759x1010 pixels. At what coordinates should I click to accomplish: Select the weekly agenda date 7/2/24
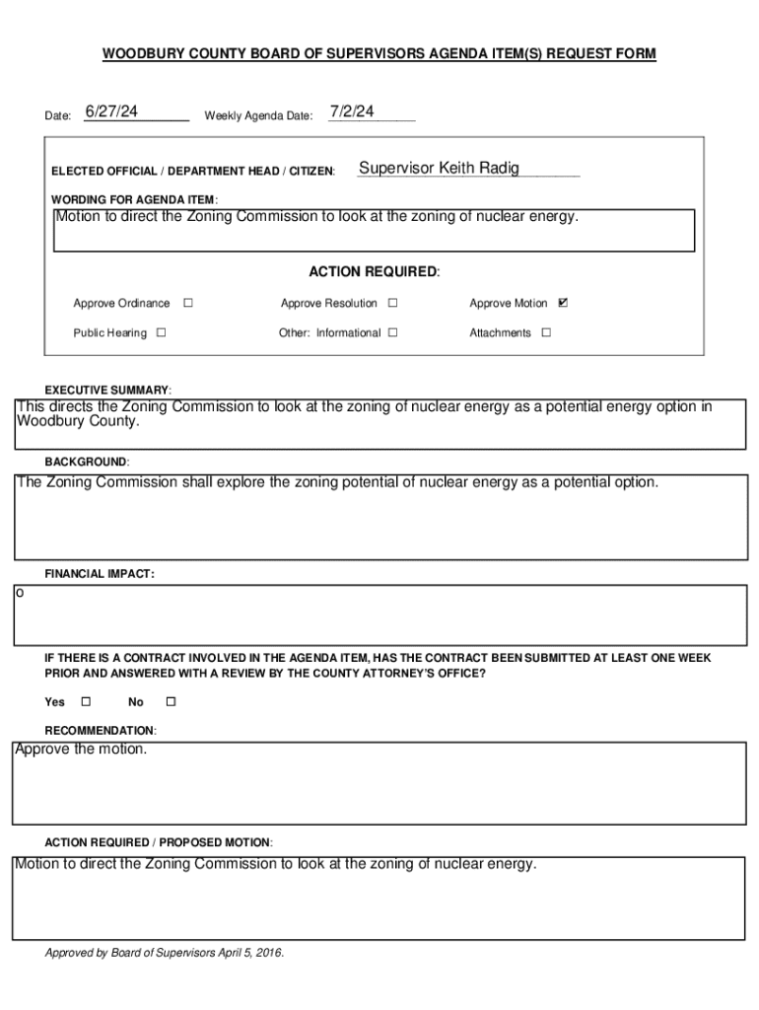[x=352, y=111]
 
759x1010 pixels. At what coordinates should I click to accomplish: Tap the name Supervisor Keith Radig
[x=439, y=169]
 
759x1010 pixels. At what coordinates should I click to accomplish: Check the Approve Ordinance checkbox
[x=187, y=303]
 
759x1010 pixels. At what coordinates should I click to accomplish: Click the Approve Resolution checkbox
[x=392, y=303]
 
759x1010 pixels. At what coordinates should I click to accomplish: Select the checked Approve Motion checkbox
[x=563, y=303]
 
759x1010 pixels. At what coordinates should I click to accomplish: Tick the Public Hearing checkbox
[x=162, y=332]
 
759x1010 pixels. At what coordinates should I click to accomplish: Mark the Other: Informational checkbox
[x=392, y=332]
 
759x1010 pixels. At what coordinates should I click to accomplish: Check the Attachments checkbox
[x=546, y=332]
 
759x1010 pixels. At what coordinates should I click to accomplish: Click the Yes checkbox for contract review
[x=85, y=701]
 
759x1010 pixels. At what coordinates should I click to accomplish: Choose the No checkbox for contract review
[x=170, y=701]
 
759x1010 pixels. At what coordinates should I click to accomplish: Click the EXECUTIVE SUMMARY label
[x=108, y=390]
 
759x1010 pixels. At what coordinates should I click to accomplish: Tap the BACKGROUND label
[x=87, y=462]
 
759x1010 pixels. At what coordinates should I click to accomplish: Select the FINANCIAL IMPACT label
[x=100, y=573]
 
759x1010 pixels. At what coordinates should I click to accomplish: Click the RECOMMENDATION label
[x=100, y=731]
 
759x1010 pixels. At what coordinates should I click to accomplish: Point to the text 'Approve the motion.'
[x=81, y=750]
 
